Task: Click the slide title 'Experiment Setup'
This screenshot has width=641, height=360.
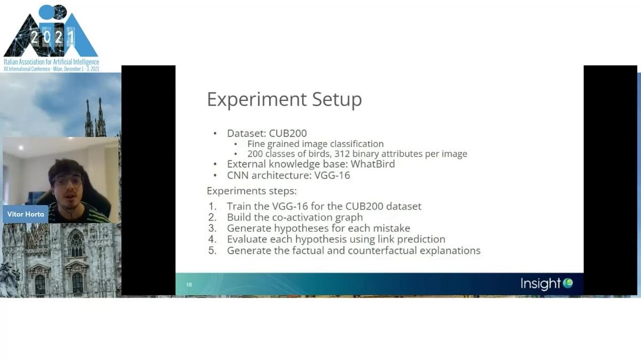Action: (284, 99)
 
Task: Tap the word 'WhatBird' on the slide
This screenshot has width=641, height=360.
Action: (373, 164)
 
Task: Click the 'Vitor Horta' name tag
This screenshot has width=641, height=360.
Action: (26, 214)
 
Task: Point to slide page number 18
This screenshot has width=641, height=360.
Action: (189, 285)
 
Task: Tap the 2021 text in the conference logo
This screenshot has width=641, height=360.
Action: (52, 37)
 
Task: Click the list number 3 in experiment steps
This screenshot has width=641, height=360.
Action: (212, 228)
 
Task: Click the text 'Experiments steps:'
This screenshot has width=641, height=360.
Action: (252, 191)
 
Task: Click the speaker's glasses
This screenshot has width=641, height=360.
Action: (67, 181)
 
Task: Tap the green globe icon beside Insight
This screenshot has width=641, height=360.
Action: (568, 283)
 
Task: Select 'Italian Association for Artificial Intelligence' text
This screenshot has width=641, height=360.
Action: (51, 62)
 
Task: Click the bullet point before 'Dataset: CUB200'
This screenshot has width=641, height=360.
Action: (215, 134)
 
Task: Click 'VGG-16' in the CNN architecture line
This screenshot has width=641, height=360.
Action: (332, 175)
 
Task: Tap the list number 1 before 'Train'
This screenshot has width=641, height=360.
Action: (212, 206)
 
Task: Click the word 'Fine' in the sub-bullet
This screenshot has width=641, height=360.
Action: (256, 144)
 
